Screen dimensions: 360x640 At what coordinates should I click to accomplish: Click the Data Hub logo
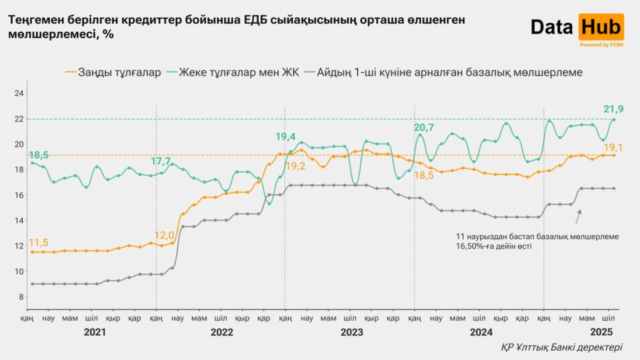coord(577,28)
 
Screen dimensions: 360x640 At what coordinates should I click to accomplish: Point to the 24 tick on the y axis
coord(19,93)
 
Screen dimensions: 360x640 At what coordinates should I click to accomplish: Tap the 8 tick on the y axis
coord(21,297)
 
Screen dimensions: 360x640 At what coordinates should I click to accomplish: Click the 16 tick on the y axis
coord(19,195)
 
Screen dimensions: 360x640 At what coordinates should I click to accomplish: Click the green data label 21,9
coord(613,109)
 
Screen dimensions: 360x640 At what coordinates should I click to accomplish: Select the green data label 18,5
coord(40,154)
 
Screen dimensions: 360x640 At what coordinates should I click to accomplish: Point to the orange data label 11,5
coord(38,243)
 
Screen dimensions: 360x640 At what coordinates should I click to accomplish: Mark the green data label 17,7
coord(161,161)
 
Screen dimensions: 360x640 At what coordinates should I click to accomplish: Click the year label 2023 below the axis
coord(351,332)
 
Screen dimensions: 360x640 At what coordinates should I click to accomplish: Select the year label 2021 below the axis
coord(95,332)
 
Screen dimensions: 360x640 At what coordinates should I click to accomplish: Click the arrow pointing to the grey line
coord(579,217)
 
